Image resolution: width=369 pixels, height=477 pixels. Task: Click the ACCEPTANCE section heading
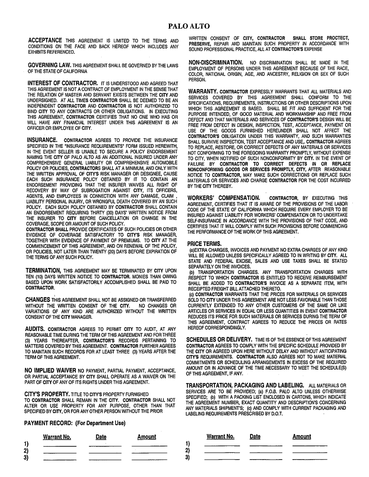tap(45, 40)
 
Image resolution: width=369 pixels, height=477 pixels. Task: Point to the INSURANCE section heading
tap(43, 140)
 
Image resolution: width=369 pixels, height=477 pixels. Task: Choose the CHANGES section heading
tap(38, 299)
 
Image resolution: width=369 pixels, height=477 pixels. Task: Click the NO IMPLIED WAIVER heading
tap(50, 370)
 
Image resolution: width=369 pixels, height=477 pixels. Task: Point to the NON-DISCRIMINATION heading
tap(216, 62)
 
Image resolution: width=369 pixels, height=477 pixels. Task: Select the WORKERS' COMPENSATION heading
tap(223, 197)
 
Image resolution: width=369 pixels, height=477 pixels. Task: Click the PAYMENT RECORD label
tap(74, 423)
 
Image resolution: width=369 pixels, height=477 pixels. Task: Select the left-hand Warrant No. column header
tap(57, 437)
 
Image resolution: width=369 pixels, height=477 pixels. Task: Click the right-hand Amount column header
tap(301, 436)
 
